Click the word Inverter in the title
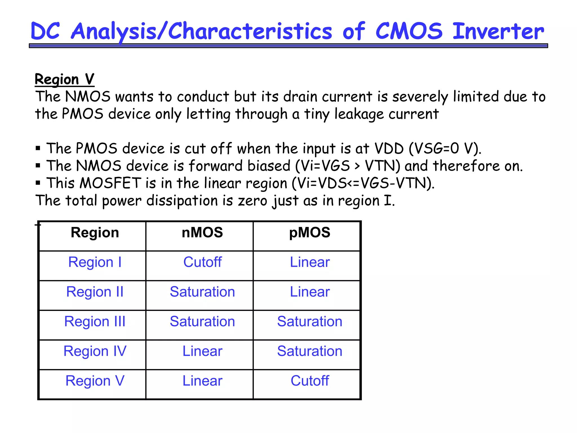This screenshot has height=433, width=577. point(498,31)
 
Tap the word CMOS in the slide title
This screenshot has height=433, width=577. point(409,31)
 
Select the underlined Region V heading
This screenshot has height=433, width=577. point(65,79)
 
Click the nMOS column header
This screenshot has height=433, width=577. point(202,233)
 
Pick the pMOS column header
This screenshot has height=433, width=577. point(310,233)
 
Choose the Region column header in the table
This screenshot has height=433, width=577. point(95,233)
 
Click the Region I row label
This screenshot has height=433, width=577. point(95,262)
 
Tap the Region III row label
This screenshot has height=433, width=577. point(95,322)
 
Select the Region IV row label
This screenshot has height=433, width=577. point(95,351)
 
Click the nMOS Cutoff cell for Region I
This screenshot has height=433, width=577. point(202,262)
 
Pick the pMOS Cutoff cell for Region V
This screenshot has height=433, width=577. point(310,381)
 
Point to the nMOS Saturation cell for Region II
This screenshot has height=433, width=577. point(202,292)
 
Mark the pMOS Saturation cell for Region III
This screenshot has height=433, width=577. point(310,322)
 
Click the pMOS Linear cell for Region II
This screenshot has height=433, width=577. point(310,292)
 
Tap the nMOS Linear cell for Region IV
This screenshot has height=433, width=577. point(202,351)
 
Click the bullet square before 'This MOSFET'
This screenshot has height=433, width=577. point(38,183)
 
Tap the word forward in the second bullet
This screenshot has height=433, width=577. point(216,166)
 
